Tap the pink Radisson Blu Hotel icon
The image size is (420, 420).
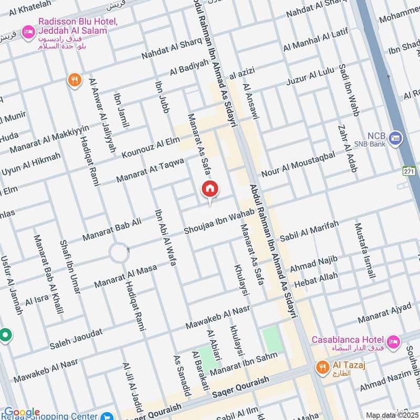pos(28,32)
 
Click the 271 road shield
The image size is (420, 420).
pos(409,171)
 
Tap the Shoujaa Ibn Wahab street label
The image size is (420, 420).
pos(219,222)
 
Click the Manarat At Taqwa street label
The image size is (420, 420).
pos(151,171)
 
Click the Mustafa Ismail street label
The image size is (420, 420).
pos(364,250)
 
